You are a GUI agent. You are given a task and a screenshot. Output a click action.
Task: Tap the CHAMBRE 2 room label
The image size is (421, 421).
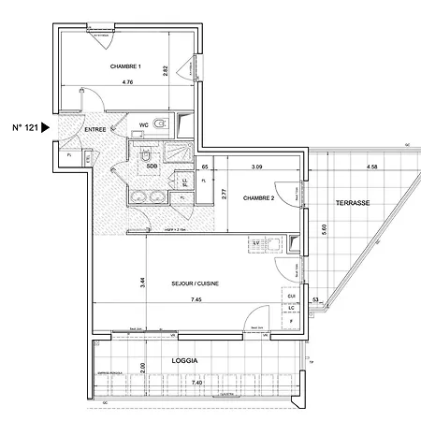click(257, 198)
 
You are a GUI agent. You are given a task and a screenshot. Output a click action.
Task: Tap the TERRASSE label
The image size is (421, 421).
click(356, 202)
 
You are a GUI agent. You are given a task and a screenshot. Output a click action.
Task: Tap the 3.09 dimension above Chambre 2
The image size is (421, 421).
click(256, 167)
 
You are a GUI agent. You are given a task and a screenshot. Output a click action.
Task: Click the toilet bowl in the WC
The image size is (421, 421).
click(161, 123)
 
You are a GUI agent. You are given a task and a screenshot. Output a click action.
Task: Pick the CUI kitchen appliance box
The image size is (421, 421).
click(293, 296)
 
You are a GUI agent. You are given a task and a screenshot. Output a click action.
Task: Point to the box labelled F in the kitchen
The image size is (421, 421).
click(293, 320)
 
